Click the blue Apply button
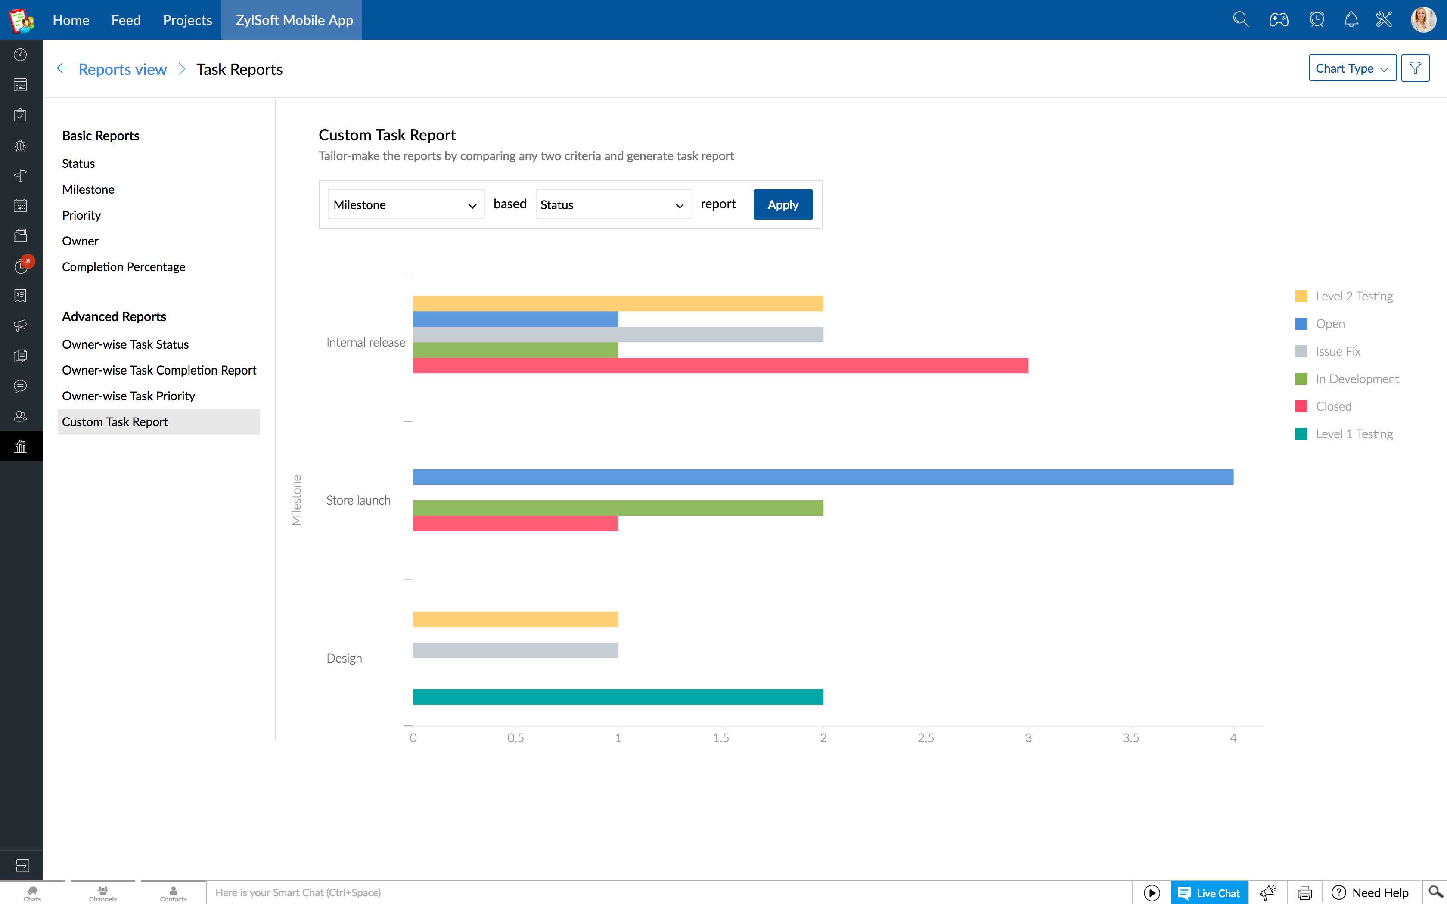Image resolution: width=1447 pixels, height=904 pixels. [782, 204]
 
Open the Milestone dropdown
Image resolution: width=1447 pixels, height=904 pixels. [405, 204]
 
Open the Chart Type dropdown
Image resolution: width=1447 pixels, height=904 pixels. [1351, 68]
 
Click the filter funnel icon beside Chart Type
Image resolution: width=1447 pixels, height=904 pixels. [1415, 68]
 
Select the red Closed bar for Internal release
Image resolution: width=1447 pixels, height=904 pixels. [720, 365]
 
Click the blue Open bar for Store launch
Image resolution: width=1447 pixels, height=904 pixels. [822, 477]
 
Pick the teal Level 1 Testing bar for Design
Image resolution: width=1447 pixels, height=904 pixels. [618, 697]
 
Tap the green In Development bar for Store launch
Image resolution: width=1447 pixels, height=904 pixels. [618, 508]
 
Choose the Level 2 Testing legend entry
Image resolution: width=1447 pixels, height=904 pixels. [1353, 297]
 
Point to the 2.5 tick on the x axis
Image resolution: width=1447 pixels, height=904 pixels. [925, 738]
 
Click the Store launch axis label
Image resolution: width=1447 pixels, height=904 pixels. [358, 500]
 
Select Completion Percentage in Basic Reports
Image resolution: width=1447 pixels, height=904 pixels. [124, 266]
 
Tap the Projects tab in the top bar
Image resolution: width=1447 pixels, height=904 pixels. [187, 20]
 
